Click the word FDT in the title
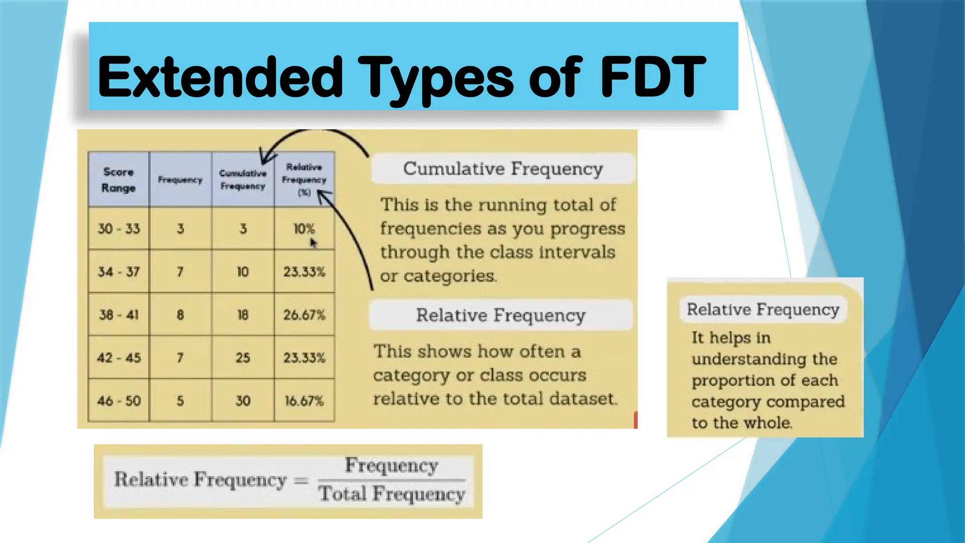[653, 76]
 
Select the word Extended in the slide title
[220, 76]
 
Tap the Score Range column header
[118, 180]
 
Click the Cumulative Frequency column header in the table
[243, 180]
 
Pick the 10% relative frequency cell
[304, 229]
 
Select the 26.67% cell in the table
[304, 315]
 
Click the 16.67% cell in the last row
[304, 401]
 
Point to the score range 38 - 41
[119, 315]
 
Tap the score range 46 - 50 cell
[119, 401]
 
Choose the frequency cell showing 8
[180, 315]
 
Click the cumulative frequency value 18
[243, 315]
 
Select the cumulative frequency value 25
[243, 358]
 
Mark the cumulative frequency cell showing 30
[243, 401]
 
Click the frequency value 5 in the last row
[180, 401]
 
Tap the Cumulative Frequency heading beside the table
[503, 169]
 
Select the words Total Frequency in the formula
[392, 494]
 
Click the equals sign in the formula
[301, 481]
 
